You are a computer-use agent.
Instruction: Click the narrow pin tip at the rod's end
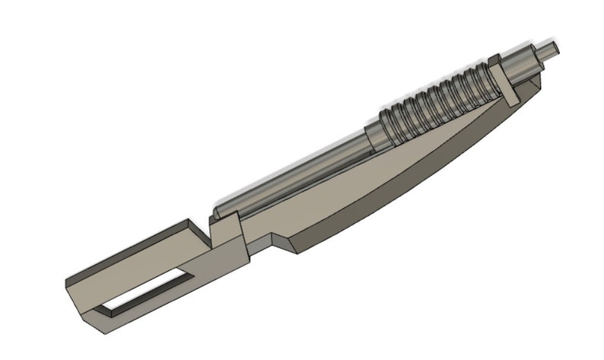(x=553, y=49)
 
